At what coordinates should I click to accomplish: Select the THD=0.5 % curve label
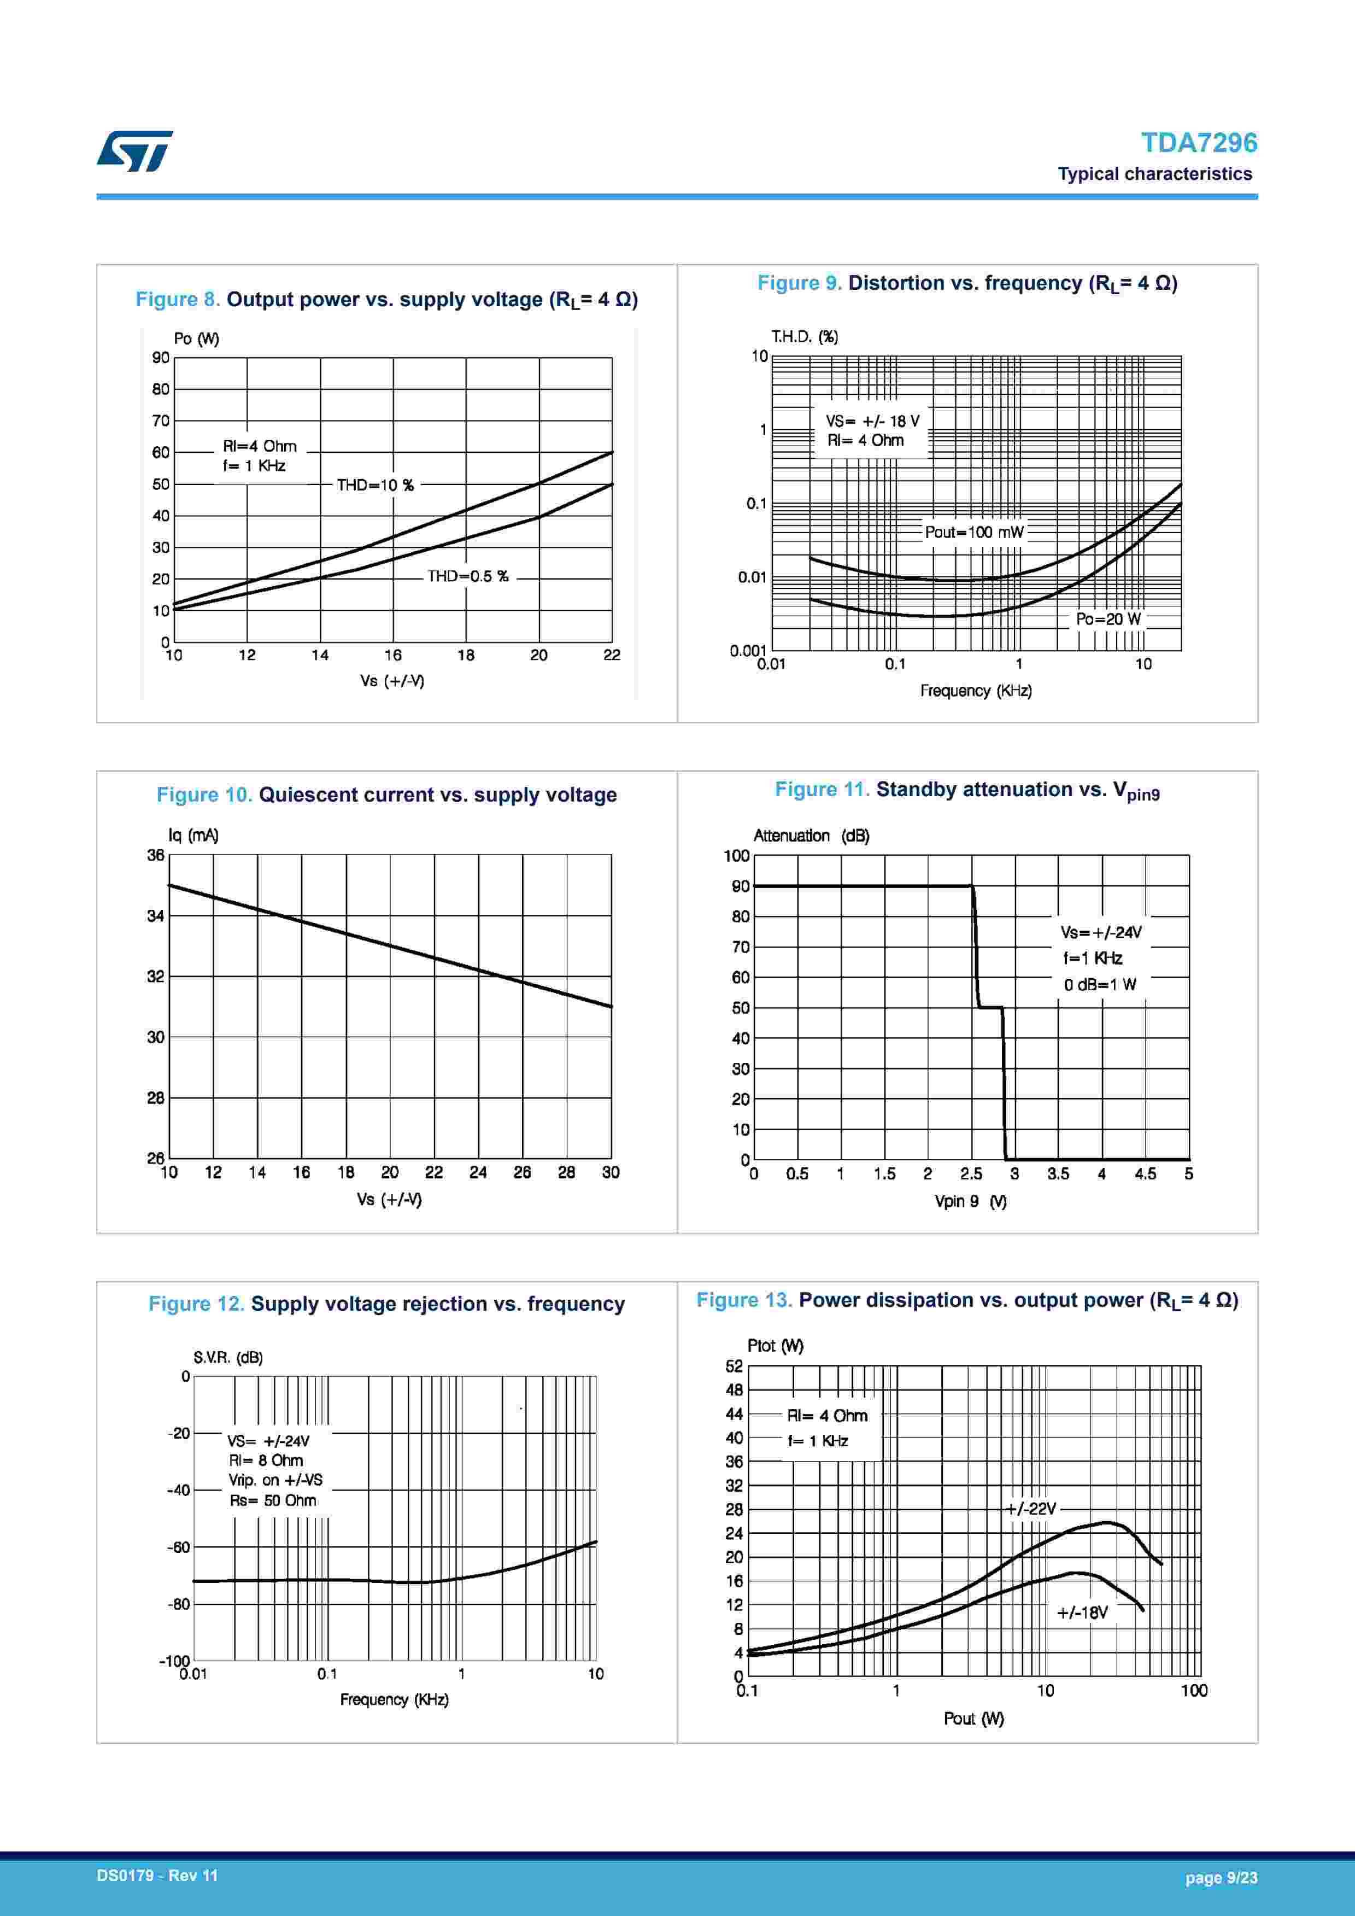coord(467,576)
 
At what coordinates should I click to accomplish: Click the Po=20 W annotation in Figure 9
coord(1107,619)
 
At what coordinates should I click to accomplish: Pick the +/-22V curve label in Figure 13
coord(1031,1508)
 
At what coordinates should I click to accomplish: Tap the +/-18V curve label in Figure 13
coord(1082,1612)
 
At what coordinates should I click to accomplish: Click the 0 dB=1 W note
coord(1100,985)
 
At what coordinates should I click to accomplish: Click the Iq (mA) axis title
coord(193,836)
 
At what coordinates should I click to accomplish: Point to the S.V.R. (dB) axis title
coord(228,1358)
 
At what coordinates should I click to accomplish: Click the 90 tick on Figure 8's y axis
coord(160,358)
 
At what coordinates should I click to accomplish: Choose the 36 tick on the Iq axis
coord(155,855)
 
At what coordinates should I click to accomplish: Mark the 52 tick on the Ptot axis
coord(734,1366)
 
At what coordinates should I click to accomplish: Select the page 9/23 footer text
coord(1221,1878)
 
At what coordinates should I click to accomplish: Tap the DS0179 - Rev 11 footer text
coord(157,1876)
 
